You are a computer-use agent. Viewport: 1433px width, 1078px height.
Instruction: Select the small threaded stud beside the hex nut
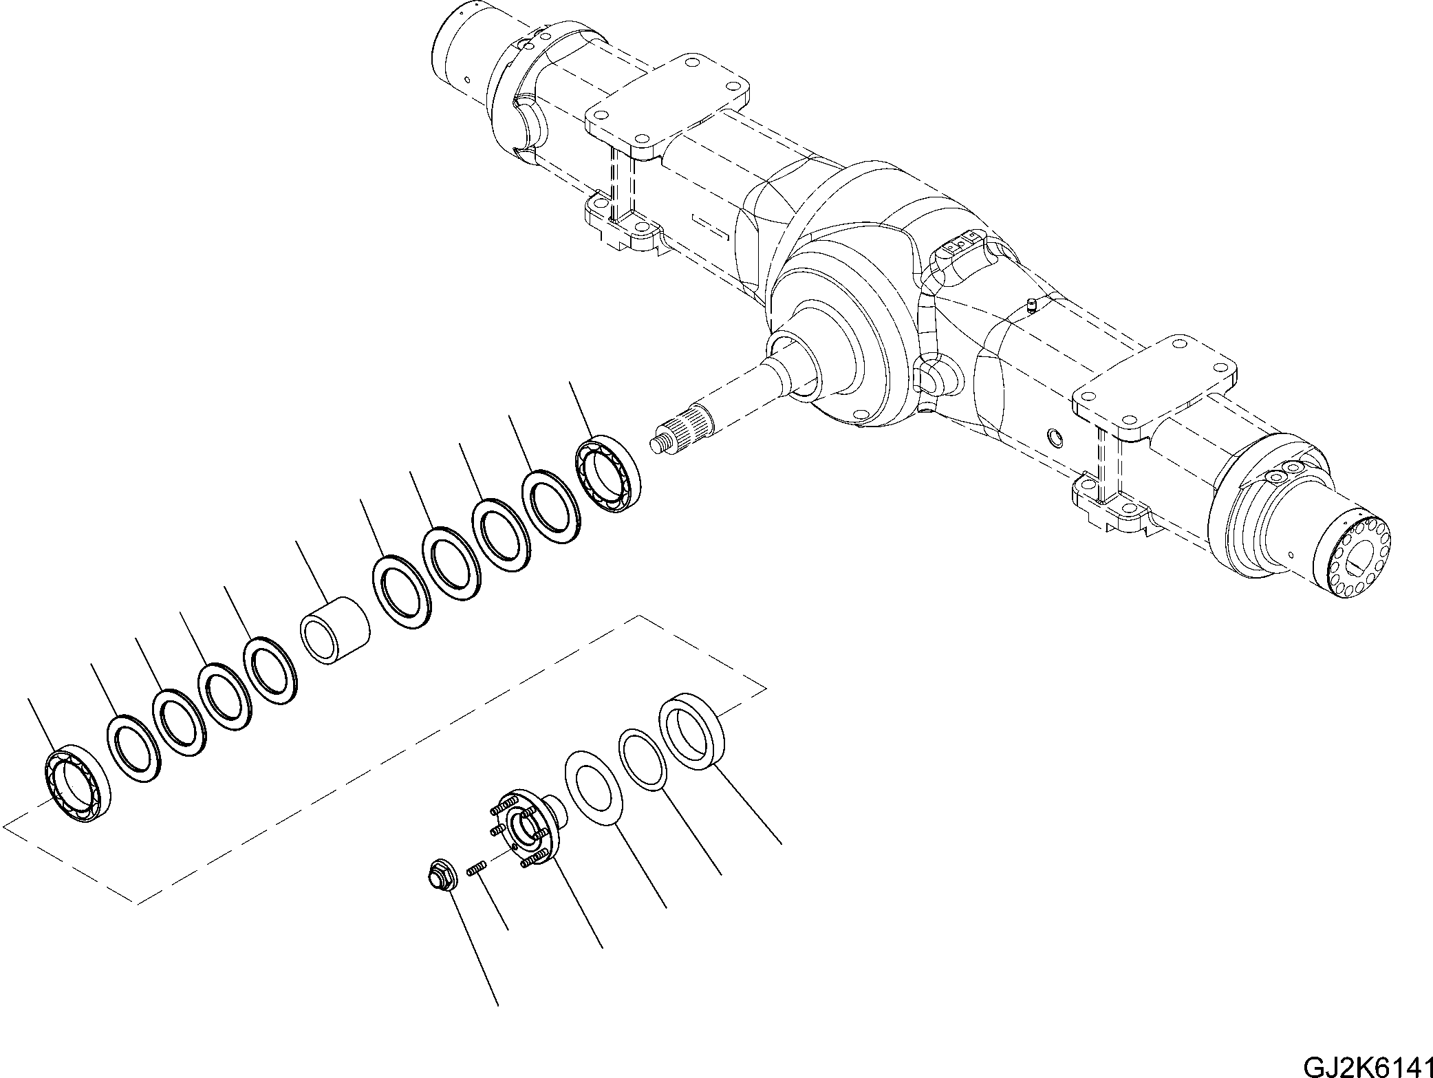click(476, 870)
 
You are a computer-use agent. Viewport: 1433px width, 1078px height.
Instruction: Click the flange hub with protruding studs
click(527, 828)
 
